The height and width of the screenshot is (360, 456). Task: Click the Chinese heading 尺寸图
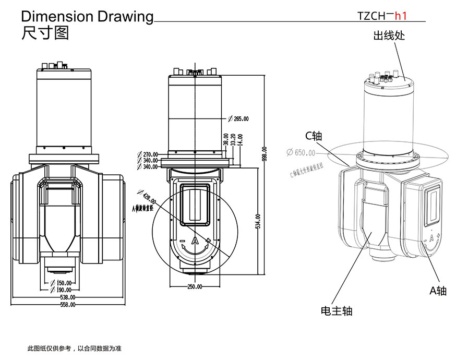pos(45,33)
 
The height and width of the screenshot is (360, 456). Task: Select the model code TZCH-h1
pos(381,16)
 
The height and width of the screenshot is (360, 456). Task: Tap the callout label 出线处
pos(389,36)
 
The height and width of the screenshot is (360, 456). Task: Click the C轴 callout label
pos(314,136)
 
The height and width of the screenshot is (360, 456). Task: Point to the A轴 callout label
pos(438,291)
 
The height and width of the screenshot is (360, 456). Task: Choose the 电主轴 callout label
pos(336,311)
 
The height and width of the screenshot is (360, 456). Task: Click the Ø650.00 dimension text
pos(301,153)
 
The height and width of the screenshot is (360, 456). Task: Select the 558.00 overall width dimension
pos(68,304)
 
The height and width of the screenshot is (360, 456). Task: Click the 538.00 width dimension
pos(68,297)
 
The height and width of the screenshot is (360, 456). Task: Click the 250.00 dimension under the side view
pos(195,287)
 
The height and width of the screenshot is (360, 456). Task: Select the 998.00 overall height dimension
pos(264,154)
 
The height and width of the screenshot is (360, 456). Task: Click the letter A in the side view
pos(195,241)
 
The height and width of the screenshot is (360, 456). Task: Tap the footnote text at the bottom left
pos(74,348)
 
